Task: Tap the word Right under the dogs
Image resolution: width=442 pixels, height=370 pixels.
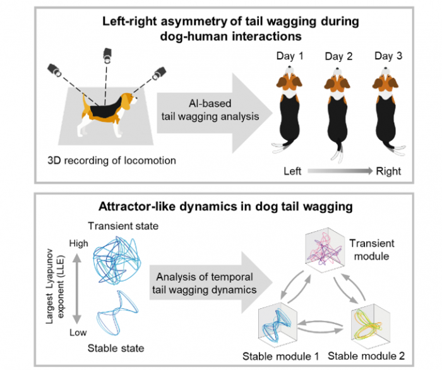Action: click(388, 170)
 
